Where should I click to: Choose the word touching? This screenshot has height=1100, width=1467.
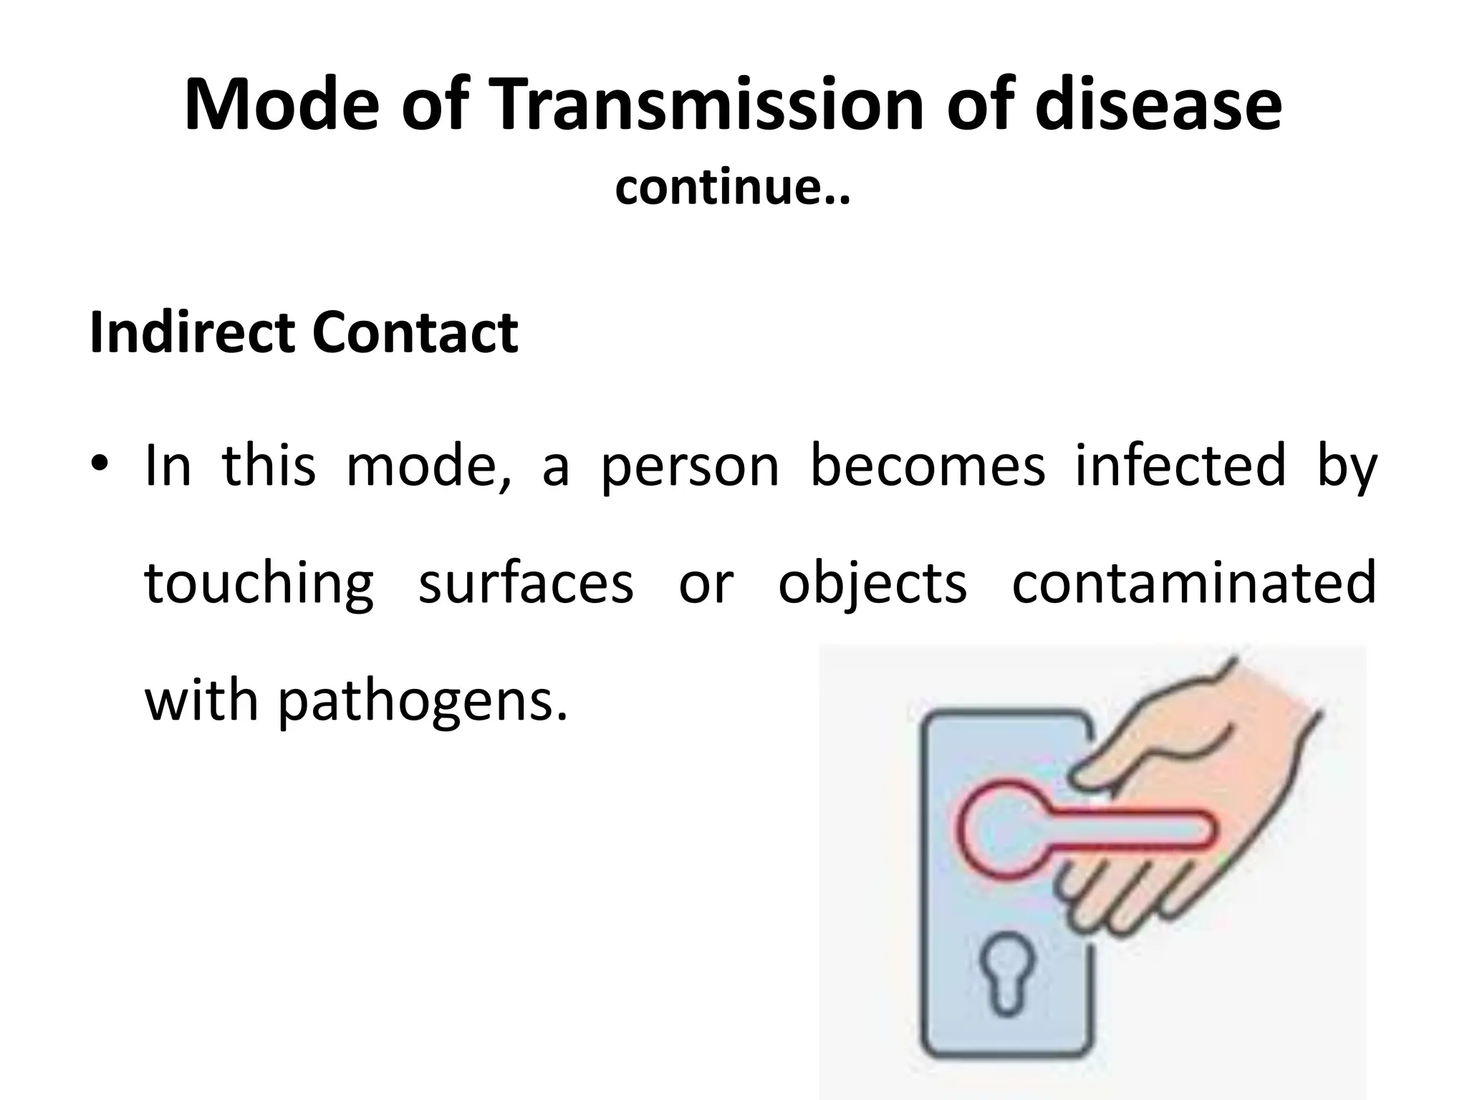click(x=259, y=583)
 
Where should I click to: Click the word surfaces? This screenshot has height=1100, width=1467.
click(x=526, y=583)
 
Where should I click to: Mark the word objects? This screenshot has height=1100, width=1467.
click(x=872, y=583)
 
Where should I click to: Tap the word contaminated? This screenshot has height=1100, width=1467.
click(x=1193, y=583)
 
